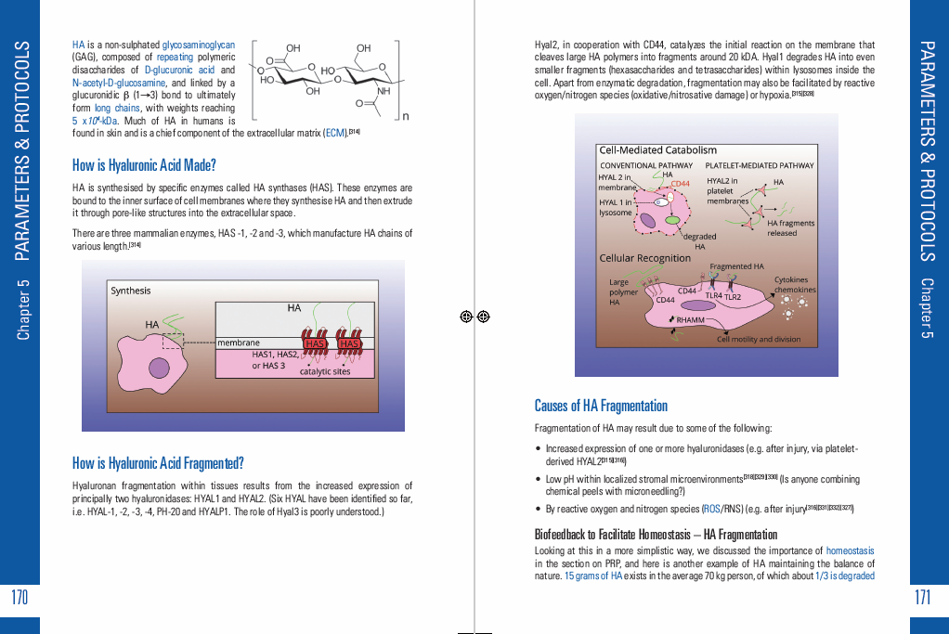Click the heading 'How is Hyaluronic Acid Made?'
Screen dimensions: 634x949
tap(144, 166)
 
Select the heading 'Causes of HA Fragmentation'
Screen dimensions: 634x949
tap(601, 406)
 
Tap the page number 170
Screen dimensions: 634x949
tap(19, 597)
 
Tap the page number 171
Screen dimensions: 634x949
tap(922, 597)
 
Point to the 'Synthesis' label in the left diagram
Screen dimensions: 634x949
tap(131, 291)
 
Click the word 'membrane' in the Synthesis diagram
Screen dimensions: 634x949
tap(239, 343)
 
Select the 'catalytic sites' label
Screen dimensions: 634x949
tap(325, 371)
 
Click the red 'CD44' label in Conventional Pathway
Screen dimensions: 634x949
tap(681, 184)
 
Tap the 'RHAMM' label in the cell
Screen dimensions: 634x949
tap(690, 320)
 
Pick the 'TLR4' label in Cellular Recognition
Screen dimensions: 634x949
tap(713, 295)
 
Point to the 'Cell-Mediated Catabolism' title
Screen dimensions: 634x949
tap(658, 150)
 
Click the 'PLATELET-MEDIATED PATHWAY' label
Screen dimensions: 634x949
tap(766, 165)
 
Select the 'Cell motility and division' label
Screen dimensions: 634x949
tap(759, 339)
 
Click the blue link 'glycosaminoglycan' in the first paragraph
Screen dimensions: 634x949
tap(199, 45)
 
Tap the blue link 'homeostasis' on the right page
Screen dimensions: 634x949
tap(850, 550)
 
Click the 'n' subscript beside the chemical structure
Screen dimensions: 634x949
tap(406, 115)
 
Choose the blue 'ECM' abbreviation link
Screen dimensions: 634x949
tap(334, 133)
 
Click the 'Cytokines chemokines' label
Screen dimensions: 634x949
tap(794, 284)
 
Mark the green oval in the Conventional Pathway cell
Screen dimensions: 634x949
tap(669, 220)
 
